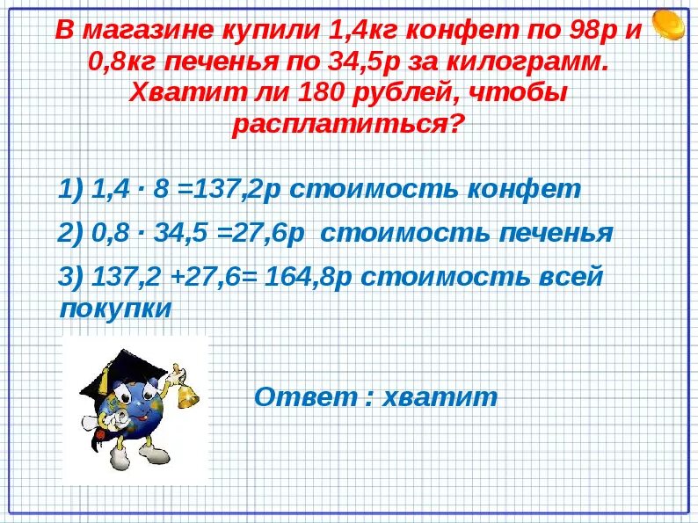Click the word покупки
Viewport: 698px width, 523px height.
click(x=115, y=309)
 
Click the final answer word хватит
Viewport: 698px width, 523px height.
click(x=440, y=396)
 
